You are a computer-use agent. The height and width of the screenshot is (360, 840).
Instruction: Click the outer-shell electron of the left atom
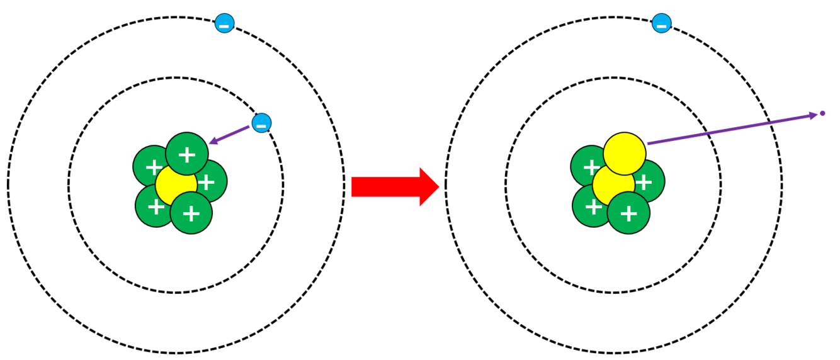[x=224, y=24]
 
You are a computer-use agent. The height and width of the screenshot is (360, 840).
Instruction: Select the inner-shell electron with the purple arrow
[x=261, y=123]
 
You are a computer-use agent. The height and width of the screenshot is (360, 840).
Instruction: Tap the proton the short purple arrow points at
[x=186, y=154]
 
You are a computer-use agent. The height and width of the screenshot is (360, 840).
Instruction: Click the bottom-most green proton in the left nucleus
[x=191, y=213]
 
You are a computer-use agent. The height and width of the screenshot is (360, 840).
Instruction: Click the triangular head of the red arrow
[x=428, y=187]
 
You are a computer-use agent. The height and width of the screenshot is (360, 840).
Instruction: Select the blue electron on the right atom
[x=661, y=24]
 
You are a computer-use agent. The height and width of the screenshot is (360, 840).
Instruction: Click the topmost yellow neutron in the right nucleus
[x=624, y=153]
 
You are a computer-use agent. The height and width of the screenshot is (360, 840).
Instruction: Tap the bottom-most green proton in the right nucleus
[x=628, y=213]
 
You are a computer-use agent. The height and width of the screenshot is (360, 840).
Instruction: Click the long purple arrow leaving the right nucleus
[x=730, y=129]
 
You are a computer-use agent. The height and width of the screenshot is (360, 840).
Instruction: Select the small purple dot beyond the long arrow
[x=822, y=114]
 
